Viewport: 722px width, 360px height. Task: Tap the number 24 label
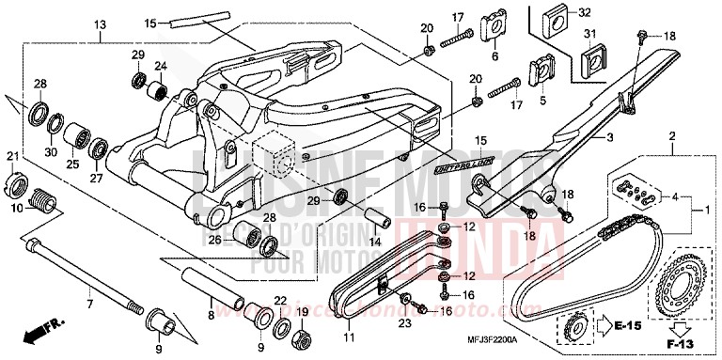click(x=160, y=67)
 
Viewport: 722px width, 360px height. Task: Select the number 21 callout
click(x=12, y=156)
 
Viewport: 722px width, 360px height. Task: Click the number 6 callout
click(x=494, y=56)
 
